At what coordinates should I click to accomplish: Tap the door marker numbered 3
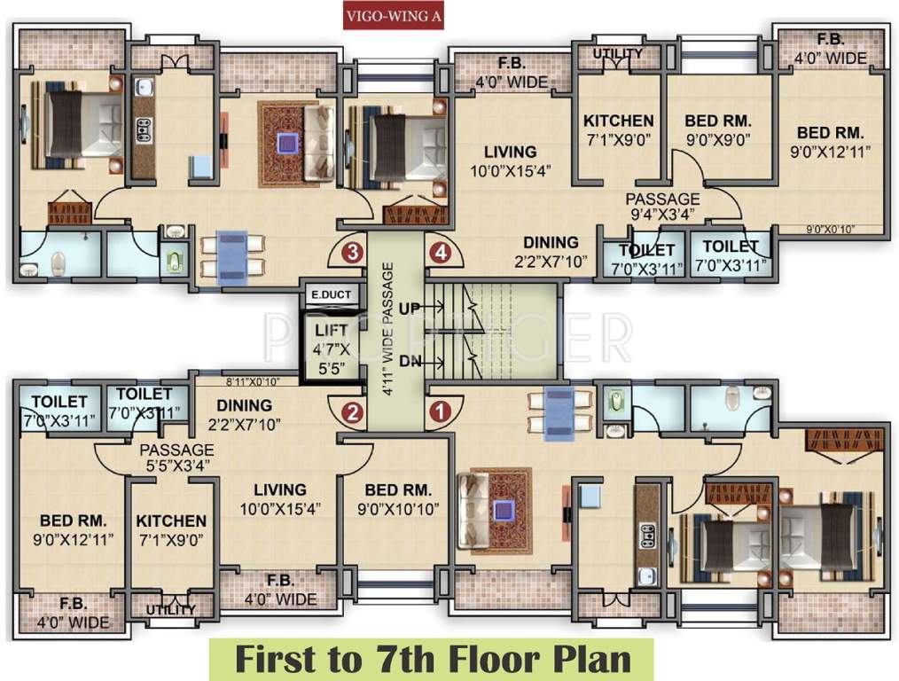click(353, 252)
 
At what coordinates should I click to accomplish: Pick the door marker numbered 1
click(438, 411)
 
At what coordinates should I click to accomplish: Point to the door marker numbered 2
click(353, 411)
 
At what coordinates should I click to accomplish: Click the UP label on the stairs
click(409, 309)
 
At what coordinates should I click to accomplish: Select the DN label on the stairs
click(409, 361)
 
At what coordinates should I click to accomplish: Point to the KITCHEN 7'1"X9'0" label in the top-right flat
click(618, 129)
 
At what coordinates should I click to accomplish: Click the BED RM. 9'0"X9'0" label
click(718, 129)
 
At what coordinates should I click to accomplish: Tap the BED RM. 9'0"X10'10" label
click(398, 499)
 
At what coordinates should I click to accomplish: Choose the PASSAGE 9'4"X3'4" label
click(662, 207)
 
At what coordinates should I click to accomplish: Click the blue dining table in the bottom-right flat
click(559, 412)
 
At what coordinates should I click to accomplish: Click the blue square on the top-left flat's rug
click(287, 143)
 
